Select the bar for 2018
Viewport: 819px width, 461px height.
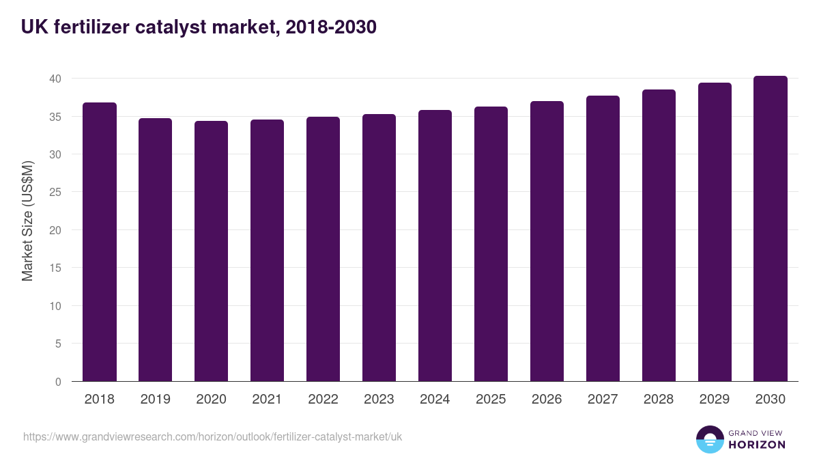[x=100, y=242]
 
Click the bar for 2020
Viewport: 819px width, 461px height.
[x=212, y=251]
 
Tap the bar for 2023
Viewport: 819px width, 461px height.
[x=379, y=247]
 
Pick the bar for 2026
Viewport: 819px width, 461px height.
[x=547, y=241]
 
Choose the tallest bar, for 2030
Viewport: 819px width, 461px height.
[x=771, y=228]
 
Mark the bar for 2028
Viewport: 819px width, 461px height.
[x=659, y=235]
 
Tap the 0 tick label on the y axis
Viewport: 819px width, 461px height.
[x=58, y=382]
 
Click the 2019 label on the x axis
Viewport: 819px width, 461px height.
[x=156, y=400]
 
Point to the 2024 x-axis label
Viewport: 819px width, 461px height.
[x=435, y=400]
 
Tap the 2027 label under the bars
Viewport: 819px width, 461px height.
[x=603, y=400]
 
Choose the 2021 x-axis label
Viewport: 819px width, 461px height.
[x=267, y=400]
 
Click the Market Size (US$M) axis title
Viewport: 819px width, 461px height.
[x=27, y=220]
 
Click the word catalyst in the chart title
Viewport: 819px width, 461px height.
[x=154, y=27]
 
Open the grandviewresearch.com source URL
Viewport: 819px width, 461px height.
[x=213, y=436]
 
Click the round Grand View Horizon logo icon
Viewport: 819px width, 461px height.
[x=710, y=439]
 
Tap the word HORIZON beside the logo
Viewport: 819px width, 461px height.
[x=757, y=445]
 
